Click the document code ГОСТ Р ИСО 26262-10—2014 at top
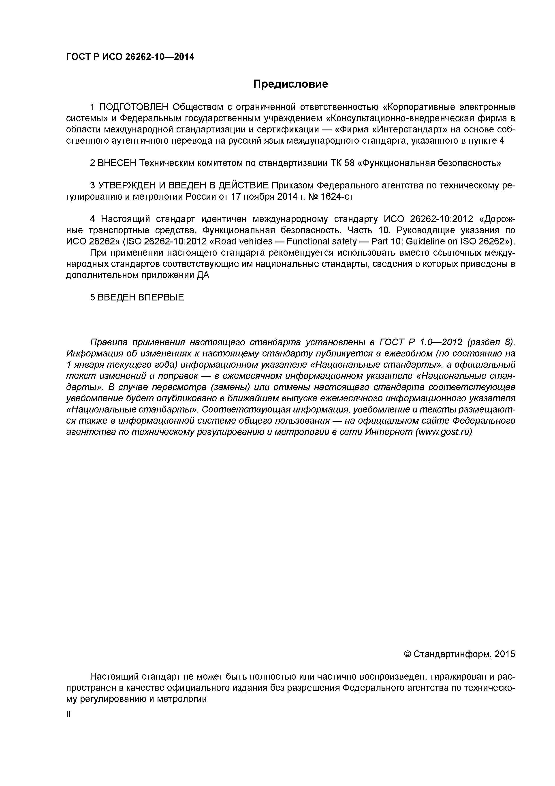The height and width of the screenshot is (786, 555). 130,57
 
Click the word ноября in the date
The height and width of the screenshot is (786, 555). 272,197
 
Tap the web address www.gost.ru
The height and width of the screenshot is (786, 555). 444,432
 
